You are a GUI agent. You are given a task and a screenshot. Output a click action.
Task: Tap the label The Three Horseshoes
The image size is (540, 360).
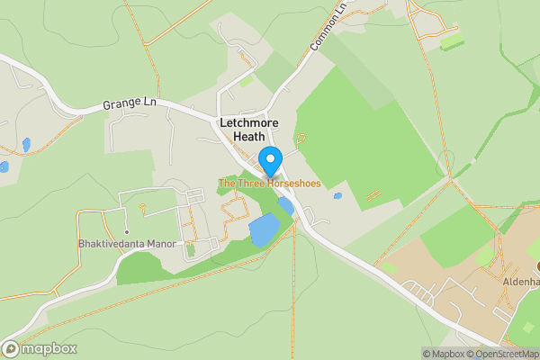(x=269, y=184)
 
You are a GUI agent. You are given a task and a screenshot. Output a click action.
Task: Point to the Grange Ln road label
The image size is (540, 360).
(x=130, y=103)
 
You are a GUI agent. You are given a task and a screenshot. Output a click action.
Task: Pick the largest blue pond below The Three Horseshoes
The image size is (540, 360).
(x=265, y=230)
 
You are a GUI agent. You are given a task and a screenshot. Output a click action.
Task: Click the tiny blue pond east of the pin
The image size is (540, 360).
(x=337, y=195)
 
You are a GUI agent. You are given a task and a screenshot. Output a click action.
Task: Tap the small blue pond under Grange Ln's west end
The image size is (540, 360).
(x=27, y=144)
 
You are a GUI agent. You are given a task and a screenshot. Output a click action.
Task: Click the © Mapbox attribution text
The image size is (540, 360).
(x=444, y=354)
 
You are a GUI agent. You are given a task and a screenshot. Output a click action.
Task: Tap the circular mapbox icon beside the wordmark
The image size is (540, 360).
(x=12, y=348)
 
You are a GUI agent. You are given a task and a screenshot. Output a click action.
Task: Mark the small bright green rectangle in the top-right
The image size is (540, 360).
(x=452, y=42)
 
